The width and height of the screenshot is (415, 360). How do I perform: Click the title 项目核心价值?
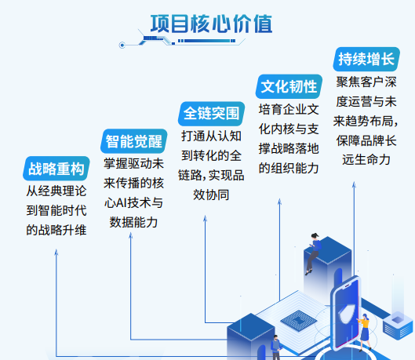coord(211,24)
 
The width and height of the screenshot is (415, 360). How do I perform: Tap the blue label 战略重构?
coord(56,169)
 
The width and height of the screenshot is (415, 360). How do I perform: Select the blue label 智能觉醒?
coord(133,142)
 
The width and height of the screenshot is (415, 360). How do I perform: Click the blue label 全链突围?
coord(210,113)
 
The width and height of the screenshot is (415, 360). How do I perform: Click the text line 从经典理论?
coord(56,191)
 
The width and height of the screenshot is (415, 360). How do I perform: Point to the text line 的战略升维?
coord(56,230)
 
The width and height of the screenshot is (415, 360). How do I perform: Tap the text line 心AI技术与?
coord(133,202)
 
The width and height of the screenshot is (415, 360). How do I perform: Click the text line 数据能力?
coord(133,222)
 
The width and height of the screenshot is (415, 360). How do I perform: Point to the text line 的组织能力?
coord(289,167)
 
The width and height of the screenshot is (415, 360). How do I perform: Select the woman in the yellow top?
coord(364,329)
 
